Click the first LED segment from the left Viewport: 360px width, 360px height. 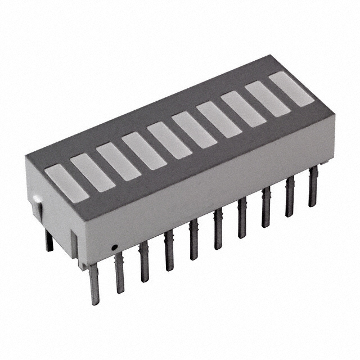tap(67, 182)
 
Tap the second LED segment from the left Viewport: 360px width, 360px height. tap(93, 172)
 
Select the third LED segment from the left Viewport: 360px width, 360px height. tap(118, 161)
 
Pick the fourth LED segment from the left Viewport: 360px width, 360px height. tap(144, 151)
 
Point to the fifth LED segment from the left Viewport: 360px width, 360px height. tap(169, 140)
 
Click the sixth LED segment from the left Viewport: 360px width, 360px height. tap(194, 129)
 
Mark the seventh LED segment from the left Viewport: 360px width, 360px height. tap(219, 119)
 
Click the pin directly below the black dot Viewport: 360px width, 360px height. tap(119, 273)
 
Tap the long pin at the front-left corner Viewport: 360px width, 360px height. tap(93, 284)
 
